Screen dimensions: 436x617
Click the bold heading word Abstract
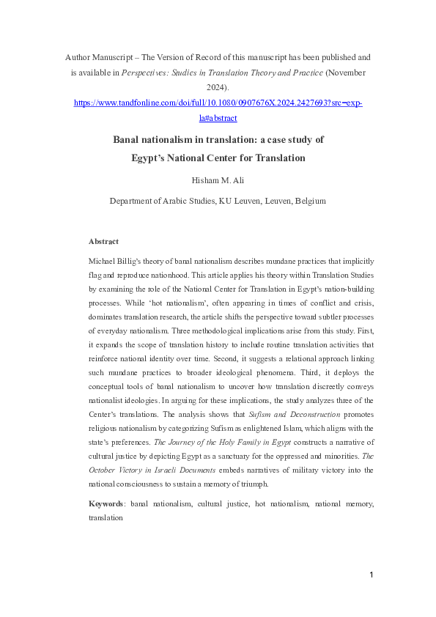click(104, 241)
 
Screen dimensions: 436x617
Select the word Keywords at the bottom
click(106, 504)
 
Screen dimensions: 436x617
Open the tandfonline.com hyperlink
click(218, 104)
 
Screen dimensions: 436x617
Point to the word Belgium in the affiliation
click(308, 200)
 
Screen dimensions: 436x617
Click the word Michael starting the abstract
click(103, 262)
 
